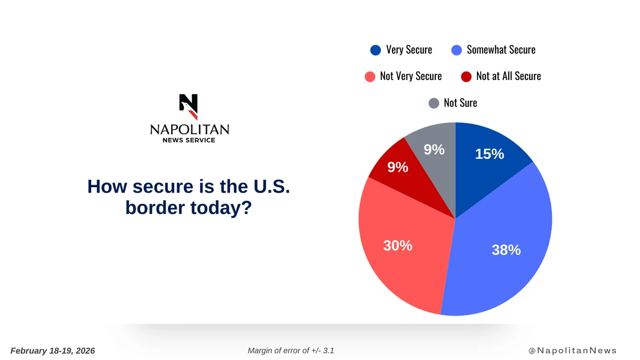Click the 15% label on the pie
coord(489,154)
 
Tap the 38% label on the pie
coord(506,250)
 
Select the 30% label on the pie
coord(397,246)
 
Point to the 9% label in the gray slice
coord(434,150)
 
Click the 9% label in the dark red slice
coord(397,167)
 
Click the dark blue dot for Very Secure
coord(375,50)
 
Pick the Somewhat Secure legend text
coord(501,50)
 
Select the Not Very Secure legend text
coord(411,76)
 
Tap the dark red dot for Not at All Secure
coord(466,76)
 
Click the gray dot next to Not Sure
coord(434,103)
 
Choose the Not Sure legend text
coord(460,102)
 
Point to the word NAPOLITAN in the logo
coord(189,130)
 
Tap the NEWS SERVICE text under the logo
coord(189,140)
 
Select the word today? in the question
coord(221,207)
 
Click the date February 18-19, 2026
coord(53,350)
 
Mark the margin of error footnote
coord(291,350)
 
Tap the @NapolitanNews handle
coord(572,350)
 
